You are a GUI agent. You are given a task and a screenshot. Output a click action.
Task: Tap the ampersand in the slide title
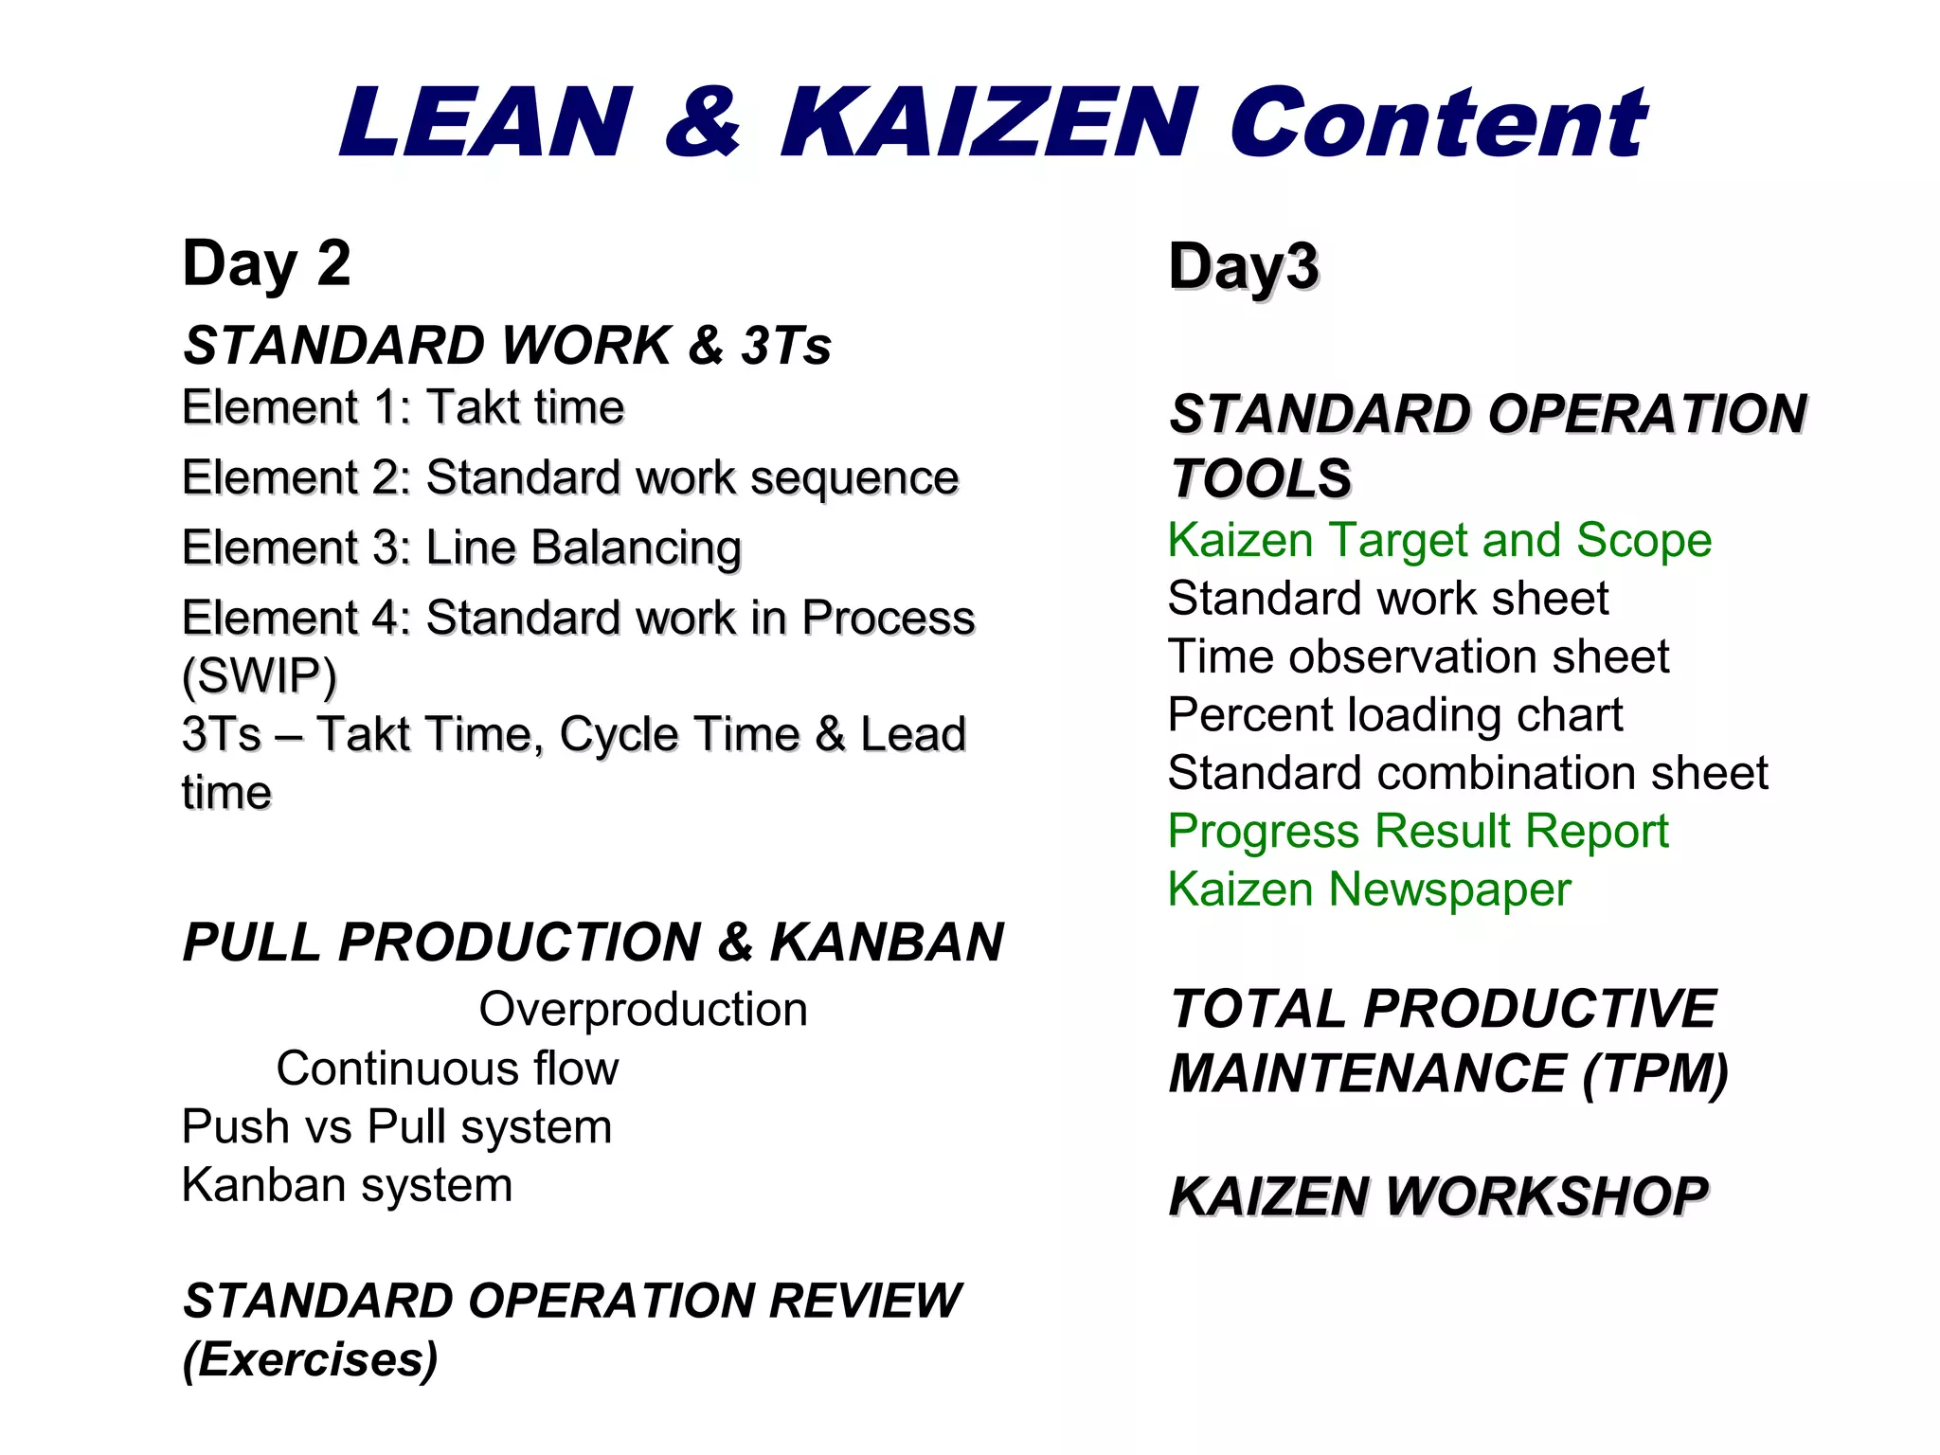[x=702, y=123]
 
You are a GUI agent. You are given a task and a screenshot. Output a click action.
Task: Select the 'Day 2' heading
[x=266, y=264]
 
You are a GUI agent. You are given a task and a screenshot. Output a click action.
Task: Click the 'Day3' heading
[x=1243, y=267]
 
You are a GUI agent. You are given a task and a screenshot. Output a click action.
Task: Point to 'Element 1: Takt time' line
[x=403, y=408]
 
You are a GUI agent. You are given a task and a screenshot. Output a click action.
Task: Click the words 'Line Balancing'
[x=584, y=548]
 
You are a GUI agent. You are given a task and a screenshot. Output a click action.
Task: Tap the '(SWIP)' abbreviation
[x=259, y=676]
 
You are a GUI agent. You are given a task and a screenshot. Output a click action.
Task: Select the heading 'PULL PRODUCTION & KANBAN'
[x=593, y=943]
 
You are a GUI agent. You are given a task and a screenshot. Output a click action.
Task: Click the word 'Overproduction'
[x=643, y=1010]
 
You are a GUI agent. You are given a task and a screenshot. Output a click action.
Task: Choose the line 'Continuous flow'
[x=447, y=1069]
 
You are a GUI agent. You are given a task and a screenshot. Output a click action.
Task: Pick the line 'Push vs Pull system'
[x=396, y=1127]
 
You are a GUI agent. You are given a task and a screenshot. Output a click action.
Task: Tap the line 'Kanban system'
[x=347, y=1185]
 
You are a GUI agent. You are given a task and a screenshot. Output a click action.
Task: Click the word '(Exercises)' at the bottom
[x=310, y=1360]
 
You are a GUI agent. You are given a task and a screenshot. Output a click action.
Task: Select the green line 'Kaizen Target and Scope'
[x=1439, y=541]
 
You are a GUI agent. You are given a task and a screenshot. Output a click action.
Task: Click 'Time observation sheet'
[x=1418, y=657]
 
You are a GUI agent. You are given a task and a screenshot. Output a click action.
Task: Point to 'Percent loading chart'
[x=1394, y=715]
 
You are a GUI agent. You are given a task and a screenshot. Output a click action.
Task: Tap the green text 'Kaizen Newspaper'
[x=1369, y=890]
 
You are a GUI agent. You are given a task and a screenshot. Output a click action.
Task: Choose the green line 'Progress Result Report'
[x=1417, y=832]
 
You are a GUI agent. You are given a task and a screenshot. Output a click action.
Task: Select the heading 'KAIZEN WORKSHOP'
[x=1438, y=1196]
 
